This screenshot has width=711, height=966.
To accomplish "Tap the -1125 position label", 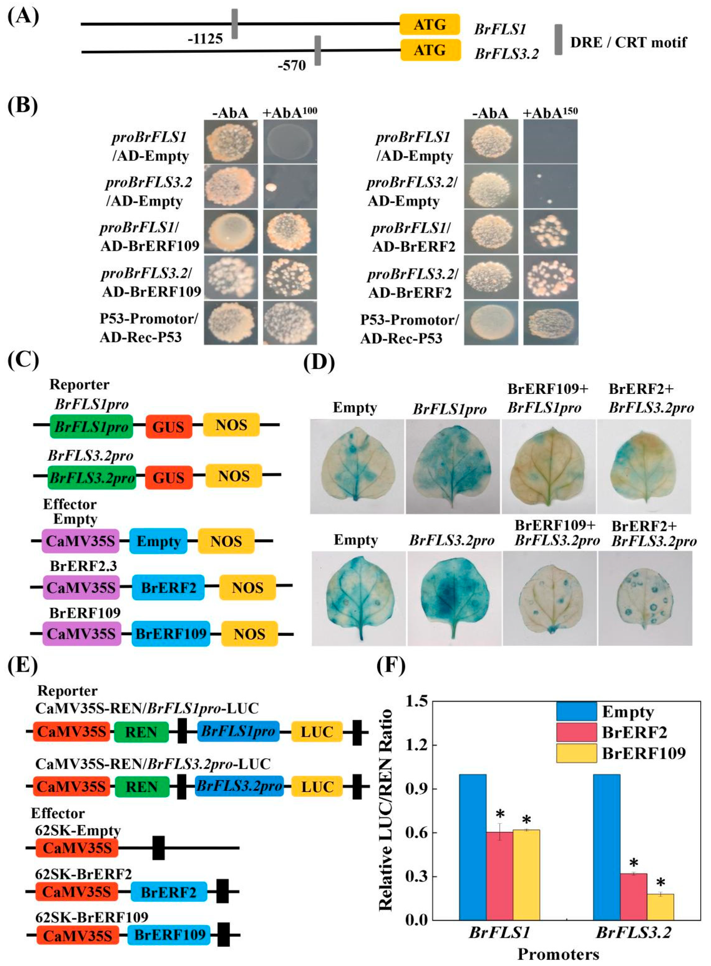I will pyautogui.click(x=205, y=39).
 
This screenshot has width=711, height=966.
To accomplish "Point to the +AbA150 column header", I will pyautogui.click(x=550, y=112).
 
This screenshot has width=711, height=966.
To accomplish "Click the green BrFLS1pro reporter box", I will pyautogui.click(x=91, y=426).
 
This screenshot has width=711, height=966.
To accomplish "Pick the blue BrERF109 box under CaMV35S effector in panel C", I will pyautogui.click(x=171, y=634).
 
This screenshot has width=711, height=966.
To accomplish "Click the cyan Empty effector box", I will pyautogui.click(x=158, y=541).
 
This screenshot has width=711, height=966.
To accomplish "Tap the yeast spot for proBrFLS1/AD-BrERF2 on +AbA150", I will pyautogui.click(x=549, y=232).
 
